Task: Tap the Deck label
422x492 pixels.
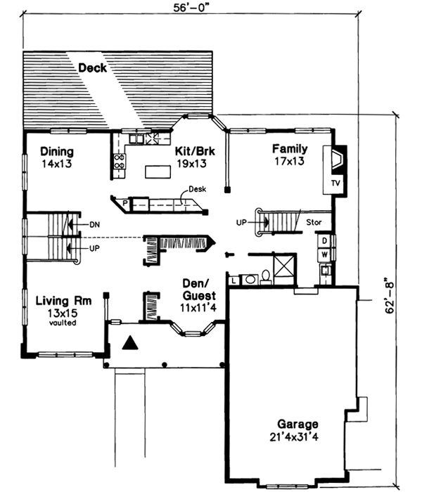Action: click(92, 69)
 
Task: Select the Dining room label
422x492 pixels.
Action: click(57, 151)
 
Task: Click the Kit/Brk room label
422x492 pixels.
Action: click(191, 150)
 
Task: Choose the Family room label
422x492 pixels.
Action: click(290, 148)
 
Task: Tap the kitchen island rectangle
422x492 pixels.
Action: click(159, 171)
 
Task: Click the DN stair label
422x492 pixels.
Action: click(96, 225)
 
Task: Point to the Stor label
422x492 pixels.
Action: click(314, 222)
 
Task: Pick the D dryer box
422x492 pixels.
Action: click(324, 241)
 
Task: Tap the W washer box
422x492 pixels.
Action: click(324, 255)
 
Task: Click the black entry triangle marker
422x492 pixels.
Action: click(129, 344)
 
